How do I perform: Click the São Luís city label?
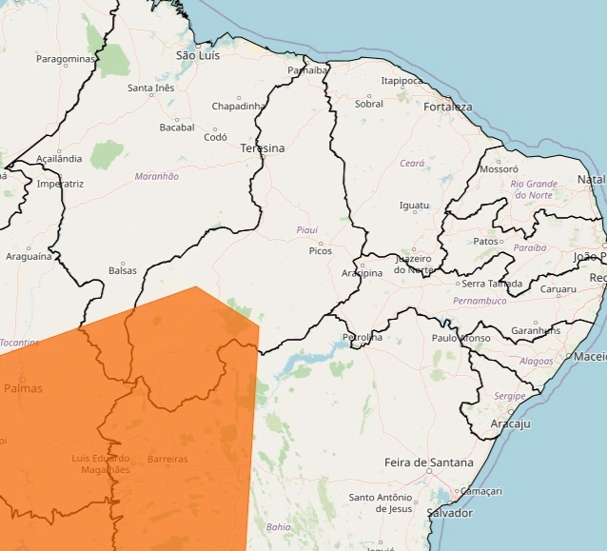199,56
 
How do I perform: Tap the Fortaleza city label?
448,107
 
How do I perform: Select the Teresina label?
263,148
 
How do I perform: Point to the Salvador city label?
450,513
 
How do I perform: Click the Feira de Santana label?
428,462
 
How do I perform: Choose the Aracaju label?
510,423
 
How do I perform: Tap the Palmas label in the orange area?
24,388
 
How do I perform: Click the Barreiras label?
167,459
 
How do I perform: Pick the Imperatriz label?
61,183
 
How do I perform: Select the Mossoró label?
499,169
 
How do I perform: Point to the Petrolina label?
362,337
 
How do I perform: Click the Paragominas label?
67,59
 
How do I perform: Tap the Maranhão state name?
157,176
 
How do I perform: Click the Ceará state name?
412,164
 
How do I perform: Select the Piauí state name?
307,230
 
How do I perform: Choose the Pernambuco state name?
480,301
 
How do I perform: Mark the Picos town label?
321,251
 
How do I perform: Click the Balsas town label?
123,270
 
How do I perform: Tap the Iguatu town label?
414,206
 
